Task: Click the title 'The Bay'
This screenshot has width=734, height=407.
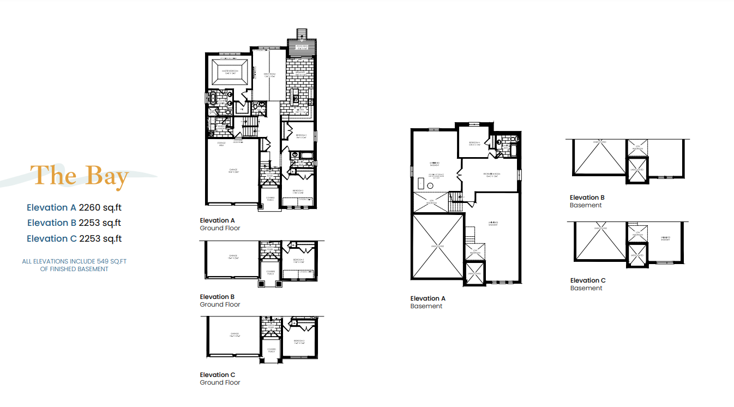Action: click(x=80, y=175)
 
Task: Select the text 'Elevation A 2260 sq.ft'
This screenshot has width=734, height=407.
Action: click(x=74, y=207)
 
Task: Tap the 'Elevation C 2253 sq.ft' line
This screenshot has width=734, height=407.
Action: click(x=74, y=238)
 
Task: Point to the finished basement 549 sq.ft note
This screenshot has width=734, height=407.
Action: click(x=74, y=265)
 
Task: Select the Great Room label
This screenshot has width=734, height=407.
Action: click(x=270, y=75)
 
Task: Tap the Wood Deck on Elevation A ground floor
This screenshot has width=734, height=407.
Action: click(x=302, y=46)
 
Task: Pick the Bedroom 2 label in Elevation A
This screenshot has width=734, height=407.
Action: click(x=300, y=136)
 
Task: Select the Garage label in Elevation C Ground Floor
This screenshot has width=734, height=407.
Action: click(x=234, y=334)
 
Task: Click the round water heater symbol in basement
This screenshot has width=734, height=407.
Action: click(x=430, y=185)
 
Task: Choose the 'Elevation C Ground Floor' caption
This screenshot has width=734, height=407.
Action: click(x=220, y=379)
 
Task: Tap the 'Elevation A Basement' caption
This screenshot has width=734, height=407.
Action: click(x=428, y=302)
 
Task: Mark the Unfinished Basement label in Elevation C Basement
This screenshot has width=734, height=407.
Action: click(x=665, y=238)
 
